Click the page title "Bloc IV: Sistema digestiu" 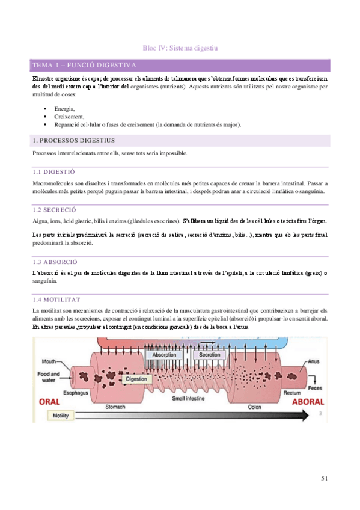tap(180, 48)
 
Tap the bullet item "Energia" tap(64, 108)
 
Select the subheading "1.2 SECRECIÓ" tap(54, 210)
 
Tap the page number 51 tap(324, 478)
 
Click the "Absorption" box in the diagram tap(164, 355)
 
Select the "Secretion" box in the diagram tap(209, 355)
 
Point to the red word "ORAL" tap(51, 401)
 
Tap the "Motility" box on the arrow tap(60, 416)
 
